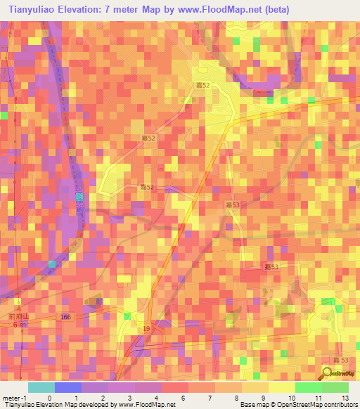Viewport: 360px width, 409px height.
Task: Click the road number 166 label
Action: click(65, 318)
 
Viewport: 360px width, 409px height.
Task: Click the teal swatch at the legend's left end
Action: click(41, 387)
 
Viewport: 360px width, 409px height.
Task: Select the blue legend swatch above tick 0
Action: click(68, 387)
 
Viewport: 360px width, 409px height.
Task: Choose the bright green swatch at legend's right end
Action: click(335, 387)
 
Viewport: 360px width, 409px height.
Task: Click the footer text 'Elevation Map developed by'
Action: click(70, 405)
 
